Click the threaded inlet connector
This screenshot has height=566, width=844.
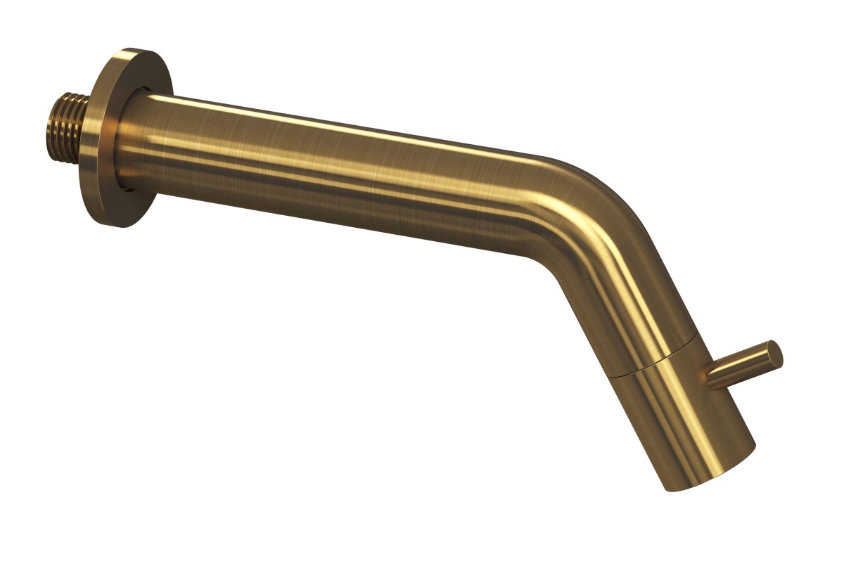coord(67,121)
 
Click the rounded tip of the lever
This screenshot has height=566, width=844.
coord(774,353)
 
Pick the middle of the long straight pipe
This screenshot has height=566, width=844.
coord(338,169)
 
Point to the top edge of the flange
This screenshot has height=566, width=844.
coord(134,51)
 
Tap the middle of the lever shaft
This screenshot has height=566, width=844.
coord(742,366)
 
